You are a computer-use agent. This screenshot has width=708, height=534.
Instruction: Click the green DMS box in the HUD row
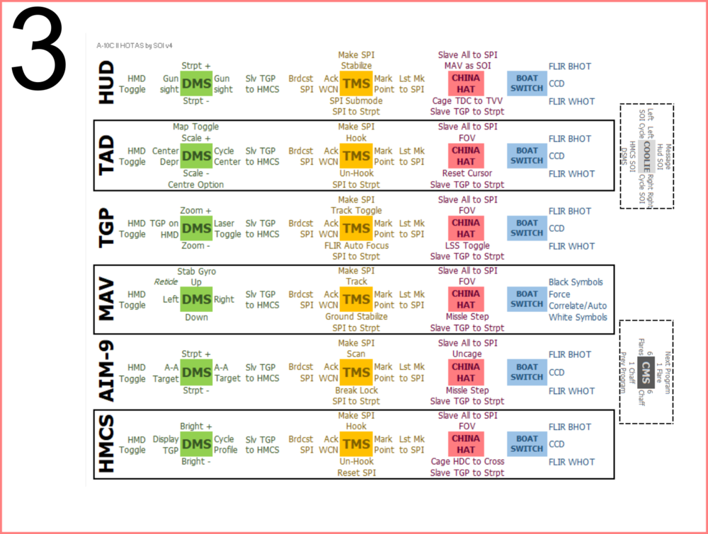(x=196, y=83)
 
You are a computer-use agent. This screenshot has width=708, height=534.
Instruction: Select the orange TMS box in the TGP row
(x=355, y=228)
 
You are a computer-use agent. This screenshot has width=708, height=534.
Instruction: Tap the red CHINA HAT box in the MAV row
(x=465, y=299)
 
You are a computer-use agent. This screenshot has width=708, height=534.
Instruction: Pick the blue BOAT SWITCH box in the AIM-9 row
(x=527, y=372)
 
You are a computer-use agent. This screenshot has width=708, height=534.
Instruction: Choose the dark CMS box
(x=646, y=371)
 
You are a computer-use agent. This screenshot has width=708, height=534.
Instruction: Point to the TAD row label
(x=106, y=155)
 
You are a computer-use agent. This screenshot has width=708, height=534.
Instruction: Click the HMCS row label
(x=106, y=444)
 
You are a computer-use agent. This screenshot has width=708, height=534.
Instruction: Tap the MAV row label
(x=106, y=300)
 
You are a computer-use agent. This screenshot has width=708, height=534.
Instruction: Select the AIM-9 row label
(x=106, y=372)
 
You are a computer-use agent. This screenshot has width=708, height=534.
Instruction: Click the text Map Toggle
(x=196, y=127)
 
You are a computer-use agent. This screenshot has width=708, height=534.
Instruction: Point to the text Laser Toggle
(x=228, y=228)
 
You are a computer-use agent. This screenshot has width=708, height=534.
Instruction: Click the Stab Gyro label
(x=196, y=271)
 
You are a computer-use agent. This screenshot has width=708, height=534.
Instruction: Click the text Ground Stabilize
(x=356, y=317)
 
